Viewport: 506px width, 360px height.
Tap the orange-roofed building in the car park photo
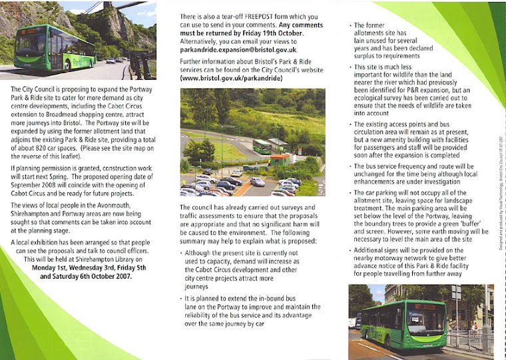tap(280, 160)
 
